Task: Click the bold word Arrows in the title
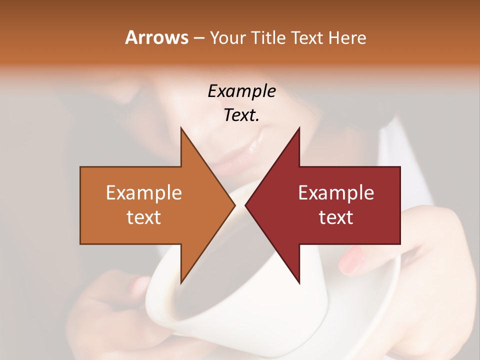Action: pyautogui.click(x=156, y=37)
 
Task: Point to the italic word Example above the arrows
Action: pyautogui.click(x=241, y=91)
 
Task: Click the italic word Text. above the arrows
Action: pyautogui.click(x=241, y=115)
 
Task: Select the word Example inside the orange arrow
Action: pyautogui.click(x=144, y=193)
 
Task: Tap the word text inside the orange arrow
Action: pyautogui.click(x=144, y=217)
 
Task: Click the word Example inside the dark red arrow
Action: pyautogui.click(x=336, y=193)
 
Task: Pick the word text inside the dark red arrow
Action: pyautogui.click(x=336, y=217)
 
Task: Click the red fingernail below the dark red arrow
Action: pyautogui.click(x=353, y=258)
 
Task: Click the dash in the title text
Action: pyautogui.click(x=198, y=38)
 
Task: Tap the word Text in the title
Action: pyautogui.click(x=306, y=38)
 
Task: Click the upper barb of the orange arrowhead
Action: pyautogui.click(x=182, y=131)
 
